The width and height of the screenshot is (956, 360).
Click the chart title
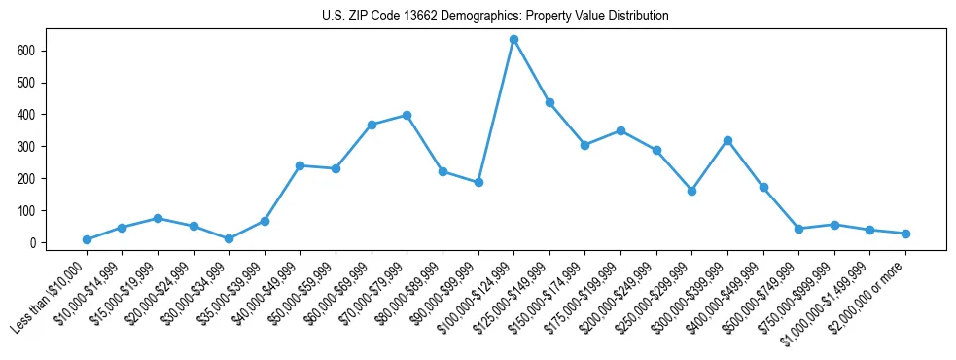(x=495, y=17)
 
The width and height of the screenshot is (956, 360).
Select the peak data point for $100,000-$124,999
(x=513, y=39)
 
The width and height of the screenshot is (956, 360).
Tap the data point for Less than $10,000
(x=87, y=239)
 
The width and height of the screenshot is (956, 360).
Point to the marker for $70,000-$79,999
(x=407, y=115)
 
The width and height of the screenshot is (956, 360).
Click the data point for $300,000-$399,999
(x=727, y=140)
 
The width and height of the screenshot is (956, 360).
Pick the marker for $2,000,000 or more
(x=905, y=234)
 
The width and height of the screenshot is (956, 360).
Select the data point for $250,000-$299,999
(x=691, y=191)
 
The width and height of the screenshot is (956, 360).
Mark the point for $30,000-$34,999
(x=229, y=238)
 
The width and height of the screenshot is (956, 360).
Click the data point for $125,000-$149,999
(x=549, y=102)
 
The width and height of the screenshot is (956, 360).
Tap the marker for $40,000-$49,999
(x=300, y=165)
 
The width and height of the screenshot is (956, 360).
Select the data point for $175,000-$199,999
(x=620, y=130)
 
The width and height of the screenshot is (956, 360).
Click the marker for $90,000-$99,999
(x=478, y=182)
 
